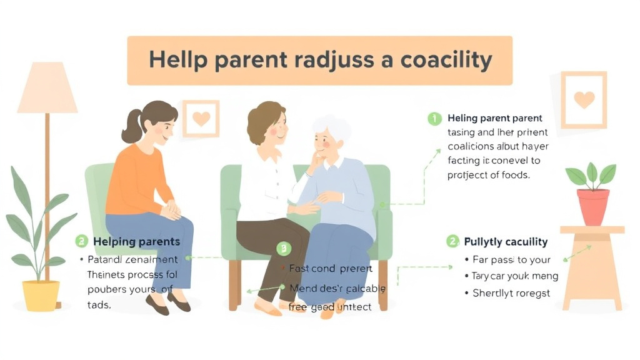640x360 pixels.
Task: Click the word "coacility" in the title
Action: coord(437,61)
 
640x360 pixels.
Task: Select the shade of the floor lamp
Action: coord(47,88)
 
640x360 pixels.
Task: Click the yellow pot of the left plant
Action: coord(41,295)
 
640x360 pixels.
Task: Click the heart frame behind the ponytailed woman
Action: coord(201,118)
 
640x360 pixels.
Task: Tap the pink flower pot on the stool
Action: coord(592,206)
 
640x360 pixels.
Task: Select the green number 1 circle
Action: coord(434,118)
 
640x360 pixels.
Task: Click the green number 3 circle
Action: coord(284,249)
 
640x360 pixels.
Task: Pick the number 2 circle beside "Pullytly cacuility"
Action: coord(452,241)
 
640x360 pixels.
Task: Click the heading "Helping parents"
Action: coord(136,241)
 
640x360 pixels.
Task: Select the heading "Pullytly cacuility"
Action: coord(506,241)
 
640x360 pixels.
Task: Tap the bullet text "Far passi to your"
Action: coord(512,259)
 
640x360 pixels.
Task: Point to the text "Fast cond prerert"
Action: coord(331,269)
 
